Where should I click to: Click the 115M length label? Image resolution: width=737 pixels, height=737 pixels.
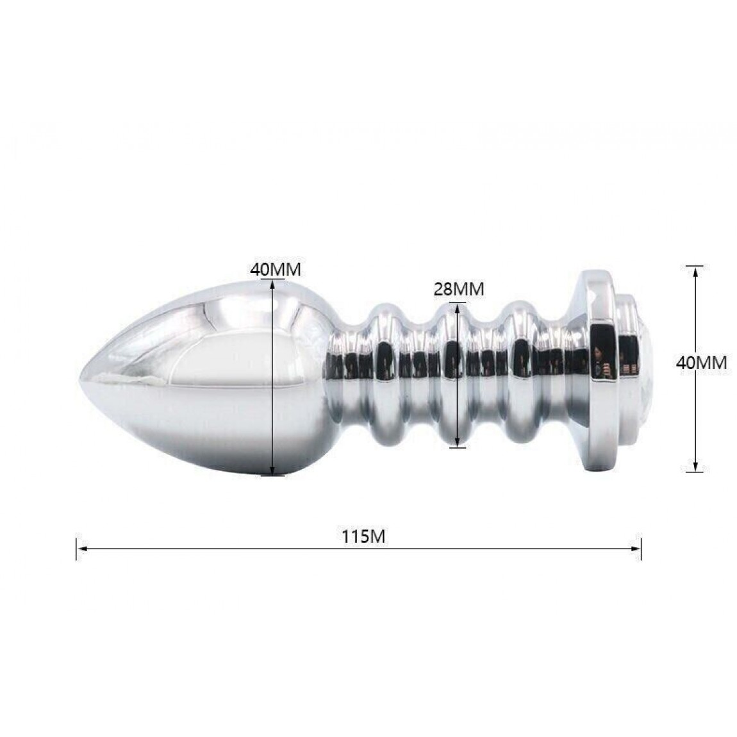[x=363, y=536]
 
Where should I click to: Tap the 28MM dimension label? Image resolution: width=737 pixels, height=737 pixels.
[x=458, y=288]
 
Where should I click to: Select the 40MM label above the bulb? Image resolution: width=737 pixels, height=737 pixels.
[x=276, y=269]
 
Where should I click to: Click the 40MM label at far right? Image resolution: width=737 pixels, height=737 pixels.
[x=701, y=363]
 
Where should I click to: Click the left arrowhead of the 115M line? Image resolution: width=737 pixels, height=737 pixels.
[x=81, y=548]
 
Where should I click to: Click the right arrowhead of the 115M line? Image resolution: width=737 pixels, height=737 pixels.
[x=636, y=548]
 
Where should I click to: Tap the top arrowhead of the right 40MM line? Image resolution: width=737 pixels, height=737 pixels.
[x=695, y=271]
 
